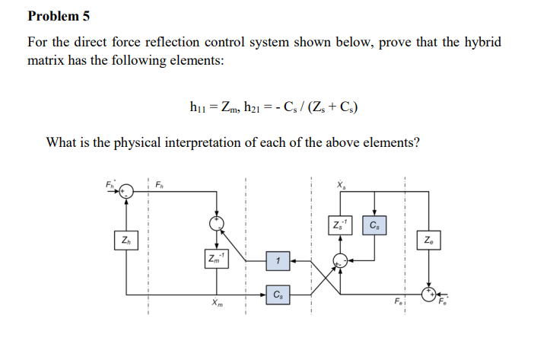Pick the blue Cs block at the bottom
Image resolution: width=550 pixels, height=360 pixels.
click(278, 293)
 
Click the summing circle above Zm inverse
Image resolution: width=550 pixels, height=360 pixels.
click(218, 222)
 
